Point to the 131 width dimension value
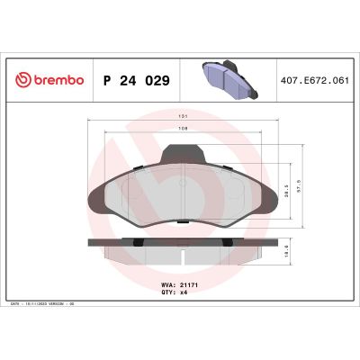coord(183,117)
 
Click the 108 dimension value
coord(183,129)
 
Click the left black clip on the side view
coord(133,243)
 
